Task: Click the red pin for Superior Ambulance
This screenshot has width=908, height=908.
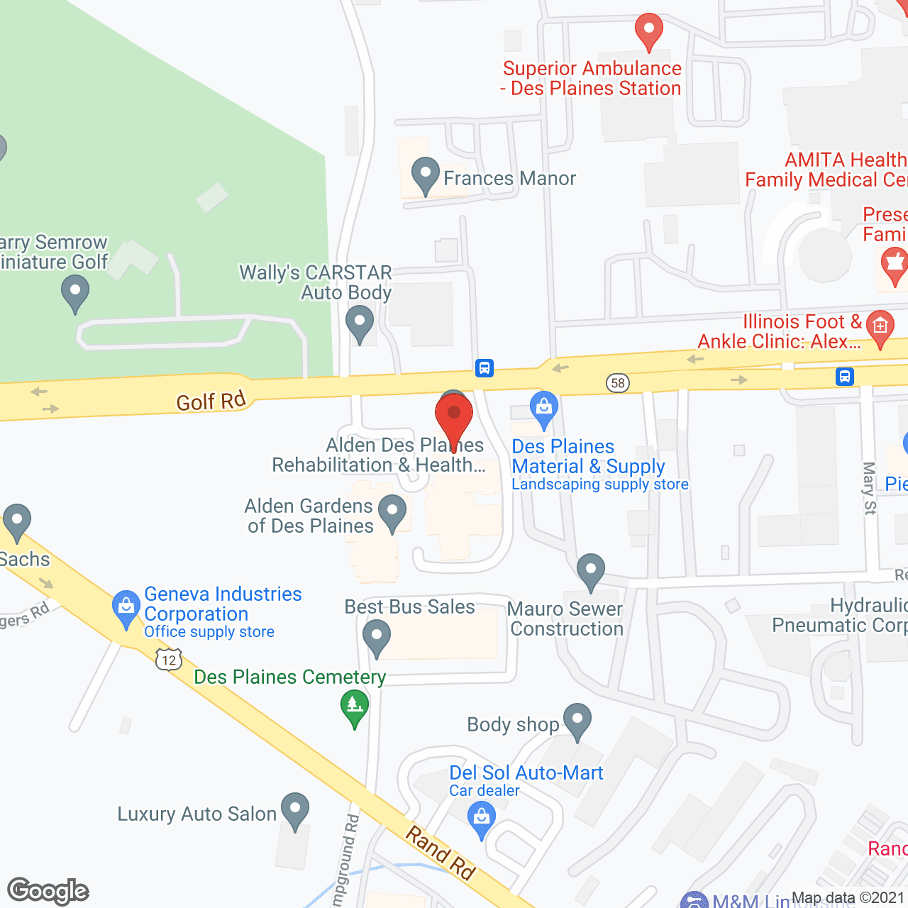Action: [x=648, y=31]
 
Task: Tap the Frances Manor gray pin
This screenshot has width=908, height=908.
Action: [x=426, y=175]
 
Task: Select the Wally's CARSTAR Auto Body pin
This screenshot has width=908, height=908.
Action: [x=360, y=323]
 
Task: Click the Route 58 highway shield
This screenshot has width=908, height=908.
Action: [x=618, y=383]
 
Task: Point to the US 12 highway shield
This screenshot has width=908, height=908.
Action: [x=169, y=660]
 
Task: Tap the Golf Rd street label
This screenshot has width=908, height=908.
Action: [x=211, y=402]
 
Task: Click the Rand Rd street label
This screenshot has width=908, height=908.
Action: [x=440, y=852]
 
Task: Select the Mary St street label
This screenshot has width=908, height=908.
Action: [x=870, y=487]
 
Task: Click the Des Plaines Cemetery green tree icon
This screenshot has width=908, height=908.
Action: [x=355, y=707]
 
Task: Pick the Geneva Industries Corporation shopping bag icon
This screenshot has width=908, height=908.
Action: [x=126, y=607]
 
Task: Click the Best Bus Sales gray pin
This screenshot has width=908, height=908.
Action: [x=377, y=637]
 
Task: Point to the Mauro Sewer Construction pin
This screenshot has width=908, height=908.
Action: [x=590, y=570]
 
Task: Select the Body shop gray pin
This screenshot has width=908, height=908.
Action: [x=577, y=720]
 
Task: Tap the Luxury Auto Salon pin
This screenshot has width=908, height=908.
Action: [x=295, y=809]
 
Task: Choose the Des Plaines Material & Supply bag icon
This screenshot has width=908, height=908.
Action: [x=544, y=408]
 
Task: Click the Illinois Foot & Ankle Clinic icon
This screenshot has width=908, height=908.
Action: [x=880, y=327]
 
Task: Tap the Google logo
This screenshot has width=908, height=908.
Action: [x=48, y=891]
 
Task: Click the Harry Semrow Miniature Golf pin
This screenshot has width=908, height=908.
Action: [x=74, y=292]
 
